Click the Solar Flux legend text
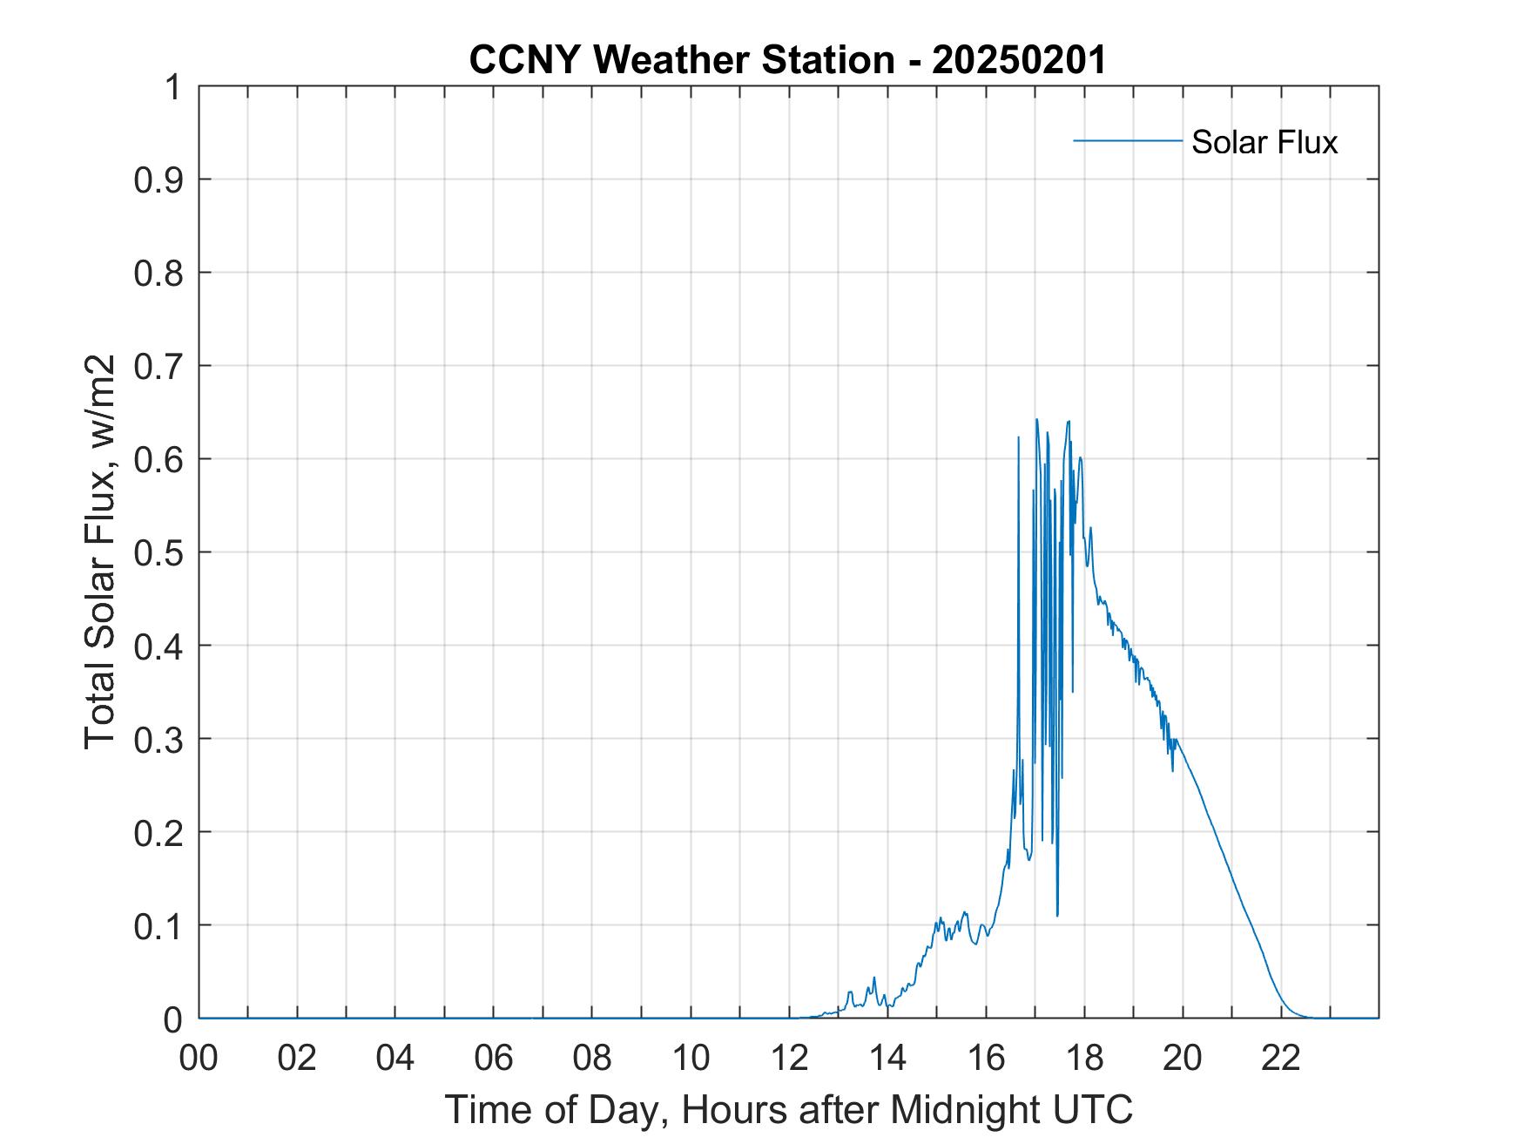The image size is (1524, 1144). coord(1264,142)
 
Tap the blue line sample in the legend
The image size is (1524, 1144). coord(1127,140)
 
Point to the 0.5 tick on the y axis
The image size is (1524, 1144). coord(159,552)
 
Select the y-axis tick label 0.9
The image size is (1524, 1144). coord(159,179)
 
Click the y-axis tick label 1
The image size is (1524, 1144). coord(173,87)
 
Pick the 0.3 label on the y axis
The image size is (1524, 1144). coord(159,739)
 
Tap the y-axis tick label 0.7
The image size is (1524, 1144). coord(159,366)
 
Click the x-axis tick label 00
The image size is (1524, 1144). coord(199,1058)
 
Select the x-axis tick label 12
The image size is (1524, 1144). coord(790,1058)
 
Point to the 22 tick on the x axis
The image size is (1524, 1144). coord(1282,1058)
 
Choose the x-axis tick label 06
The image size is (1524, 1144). coord(495,1058)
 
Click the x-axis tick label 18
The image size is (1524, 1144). coord(1085,1058)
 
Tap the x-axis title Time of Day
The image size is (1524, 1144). coord(788,1109)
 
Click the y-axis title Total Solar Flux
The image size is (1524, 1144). coord(101,552)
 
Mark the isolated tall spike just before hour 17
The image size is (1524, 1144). coord(1018,438)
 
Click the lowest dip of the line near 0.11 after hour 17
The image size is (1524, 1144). coord(1057,915)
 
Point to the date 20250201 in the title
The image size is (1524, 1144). coord(1019,61)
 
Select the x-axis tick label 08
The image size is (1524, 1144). coord(593,1058)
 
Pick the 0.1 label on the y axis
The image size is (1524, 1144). coord(159,925)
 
